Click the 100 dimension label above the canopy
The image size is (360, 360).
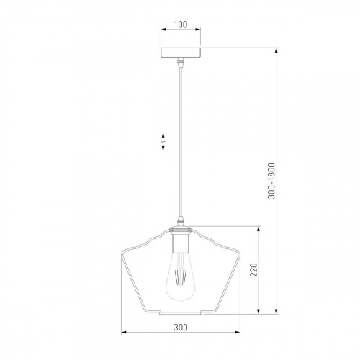[x=181, y=24]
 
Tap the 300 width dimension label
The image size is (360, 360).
[x=181, y=327]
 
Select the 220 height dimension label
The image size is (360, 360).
[x=253, y=270]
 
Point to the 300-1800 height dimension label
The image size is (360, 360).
[x=271, y=181]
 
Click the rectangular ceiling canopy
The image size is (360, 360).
[x=181, y=53]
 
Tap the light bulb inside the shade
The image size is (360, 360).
[x=181, y=276]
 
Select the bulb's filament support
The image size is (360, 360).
[x=181, y=276]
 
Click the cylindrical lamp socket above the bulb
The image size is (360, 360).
[x=181, y=242]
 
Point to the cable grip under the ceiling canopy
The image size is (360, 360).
[x=181, y=63]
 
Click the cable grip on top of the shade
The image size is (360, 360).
[x=181, y=221]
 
